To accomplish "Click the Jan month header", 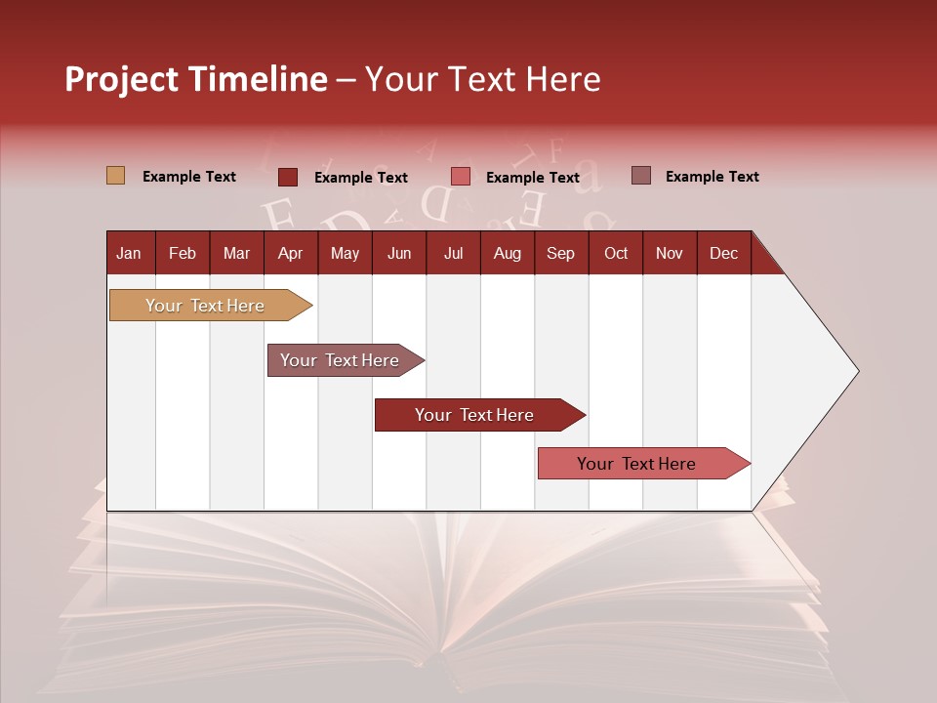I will [x=130, y=253].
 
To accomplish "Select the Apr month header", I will [x=290, y=253].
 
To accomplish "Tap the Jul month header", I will [x=453, y=253].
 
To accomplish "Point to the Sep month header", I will [x=560, y=253].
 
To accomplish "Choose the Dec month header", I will [x=723, y=253].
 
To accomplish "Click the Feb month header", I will [x=183, y=253].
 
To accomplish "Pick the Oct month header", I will [x=616, y=253].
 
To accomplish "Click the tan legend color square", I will [x=115, y=176].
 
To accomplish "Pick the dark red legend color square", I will [x=288, y=177].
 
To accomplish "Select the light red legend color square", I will [x=461, y=177].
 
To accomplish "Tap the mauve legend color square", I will [x=641, y=176].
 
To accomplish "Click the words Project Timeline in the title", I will [x=195, y=79].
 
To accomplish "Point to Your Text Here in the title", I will [x=482, y=79].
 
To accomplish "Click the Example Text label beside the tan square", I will [x=189, y=177].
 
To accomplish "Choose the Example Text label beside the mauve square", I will [x=712, y=177].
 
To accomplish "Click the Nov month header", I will [x=669, y=253].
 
